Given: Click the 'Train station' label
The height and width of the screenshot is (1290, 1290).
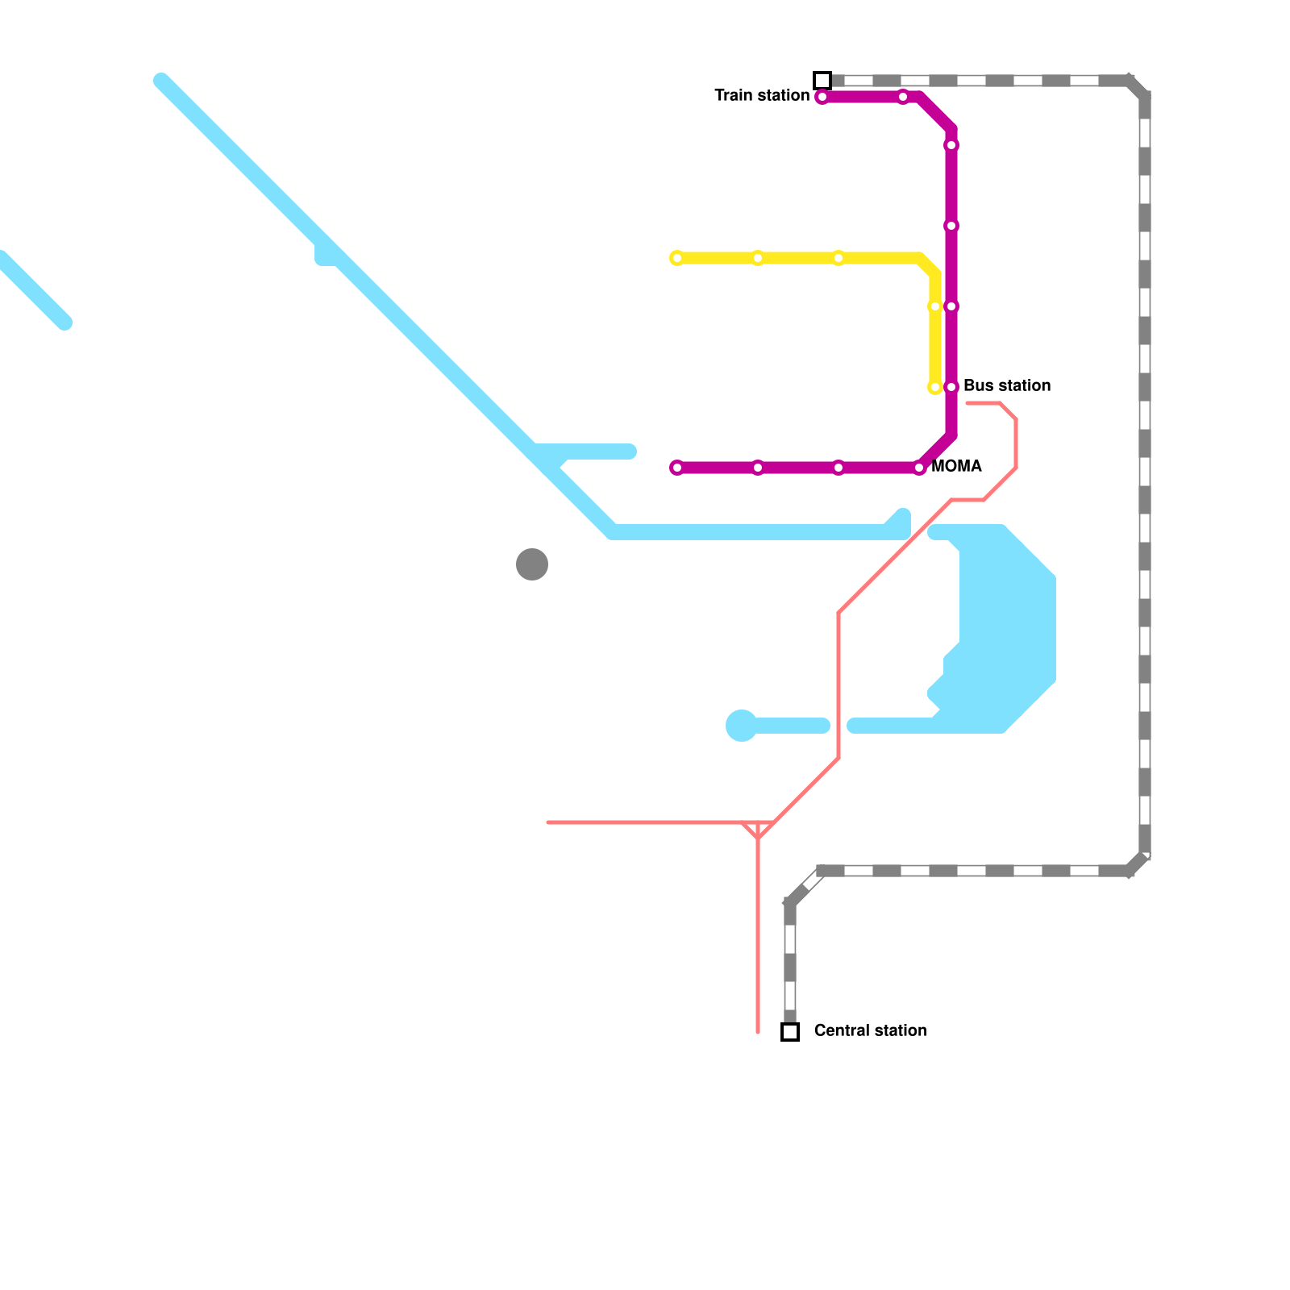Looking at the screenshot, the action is click(x=762, y=96).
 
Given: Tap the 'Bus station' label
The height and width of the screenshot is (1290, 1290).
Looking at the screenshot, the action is click(x=1007, y=386).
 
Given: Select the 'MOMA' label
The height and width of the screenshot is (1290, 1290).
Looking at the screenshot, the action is click(x=956, y=467).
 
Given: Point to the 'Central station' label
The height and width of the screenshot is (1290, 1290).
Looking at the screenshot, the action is click(x=871, y=1031).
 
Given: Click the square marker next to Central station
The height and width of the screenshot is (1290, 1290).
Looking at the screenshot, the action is click(x=790, y=1032).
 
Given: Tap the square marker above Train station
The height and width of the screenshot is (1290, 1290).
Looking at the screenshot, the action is click(x=822, y=81).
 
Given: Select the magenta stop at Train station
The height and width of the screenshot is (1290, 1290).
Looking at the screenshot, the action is click(x=822, y=98).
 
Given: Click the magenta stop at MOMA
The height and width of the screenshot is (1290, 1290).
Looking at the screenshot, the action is click(x=919, y=468).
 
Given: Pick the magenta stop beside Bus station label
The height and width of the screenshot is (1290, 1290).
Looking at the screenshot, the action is click(x=951, y=387).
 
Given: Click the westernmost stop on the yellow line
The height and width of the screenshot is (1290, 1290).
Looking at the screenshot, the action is click(x=677, y=258).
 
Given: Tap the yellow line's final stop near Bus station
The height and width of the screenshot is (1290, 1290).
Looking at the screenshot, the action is click(x=935, y=387).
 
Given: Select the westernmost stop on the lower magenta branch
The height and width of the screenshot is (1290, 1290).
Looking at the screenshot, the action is click(x=677, y=468).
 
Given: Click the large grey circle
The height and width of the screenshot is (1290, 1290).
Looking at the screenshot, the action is click(x=532, y=564).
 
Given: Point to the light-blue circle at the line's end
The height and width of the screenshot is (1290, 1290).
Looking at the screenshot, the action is click(x=742, y=726).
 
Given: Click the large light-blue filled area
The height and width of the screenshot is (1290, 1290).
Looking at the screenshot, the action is click(x=1004, y=629).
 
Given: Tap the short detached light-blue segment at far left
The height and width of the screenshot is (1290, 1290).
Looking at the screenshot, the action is click(x=32, y=290).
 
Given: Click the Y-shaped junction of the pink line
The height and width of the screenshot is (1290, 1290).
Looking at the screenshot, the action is click(x=758, y=835).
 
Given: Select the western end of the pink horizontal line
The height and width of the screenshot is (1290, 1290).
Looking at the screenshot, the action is click(x=548, y=822).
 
